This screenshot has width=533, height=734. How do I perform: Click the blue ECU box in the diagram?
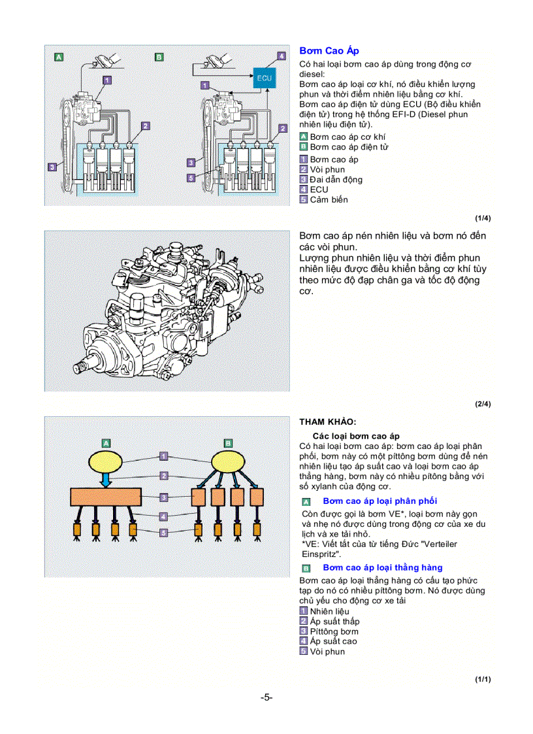[x=265, y=78]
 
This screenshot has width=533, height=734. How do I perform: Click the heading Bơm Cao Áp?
[x=329, y=50]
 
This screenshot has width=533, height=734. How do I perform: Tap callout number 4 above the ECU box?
[x=282, y=57]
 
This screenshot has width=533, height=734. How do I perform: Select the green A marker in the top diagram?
[x=59, y=58]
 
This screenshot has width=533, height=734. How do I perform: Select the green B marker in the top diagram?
[x=159, y=58]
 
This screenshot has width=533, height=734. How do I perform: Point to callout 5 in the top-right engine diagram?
[x=191, y=177]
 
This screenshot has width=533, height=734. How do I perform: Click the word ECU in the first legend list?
[x=319, y=190]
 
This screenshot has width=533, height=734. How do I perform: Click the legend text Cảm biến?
[x=329, y=199]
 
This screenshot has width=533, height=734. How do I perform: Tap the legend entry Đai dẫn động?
[x=336, y=180]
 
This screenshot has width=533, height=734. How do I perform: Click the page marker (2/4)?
[x=483, y=404]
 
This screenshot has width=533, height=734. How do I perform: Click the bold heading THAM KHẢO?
[x=328, y=422]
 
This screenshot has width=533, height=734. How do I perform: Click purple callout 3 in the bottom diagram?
[x=164, y=498]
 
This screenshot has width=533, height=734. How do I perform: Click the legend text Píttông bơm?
[x=334, y=631]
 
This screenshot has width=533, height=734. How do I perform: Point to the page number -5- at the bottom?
[x=266, y=697]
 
